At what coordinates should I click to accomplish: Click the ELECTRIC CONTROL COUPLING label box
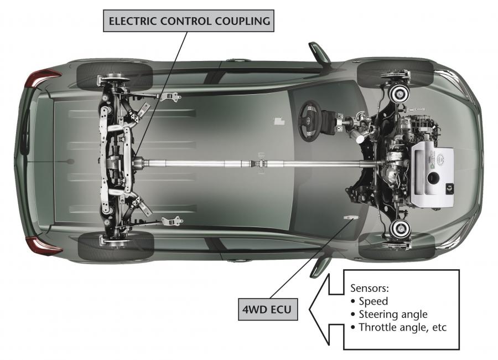pos(189,21)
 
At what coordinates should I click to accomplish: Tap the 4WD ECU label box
pos(268,309)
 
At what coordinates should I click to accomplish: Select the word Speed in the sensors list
pos(373,301)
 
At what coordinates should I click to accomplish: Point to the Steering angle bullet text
pos(393,314)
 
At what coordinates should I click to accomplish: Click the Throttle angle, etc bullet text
pos(403,327)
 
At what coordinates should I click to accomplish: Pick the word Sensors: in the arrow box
pos(370,288)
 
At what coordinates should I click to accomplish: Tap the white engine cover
pos(433,174)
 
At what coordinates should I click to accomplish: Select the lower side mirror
pos(320,268)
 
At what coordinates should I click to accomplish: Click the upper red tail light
pos(43,78)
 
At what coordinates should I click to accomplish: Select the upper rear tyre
pos(115,76)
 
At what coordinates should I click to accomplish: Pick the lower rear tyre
pos(116,246)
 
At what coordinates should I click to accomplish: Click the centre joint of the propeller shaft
pos(261,164)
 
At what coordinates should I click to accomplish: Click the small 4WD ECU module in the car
pos(351,218)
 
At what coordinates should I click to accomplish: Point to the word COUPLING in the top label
pos(243,21)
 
